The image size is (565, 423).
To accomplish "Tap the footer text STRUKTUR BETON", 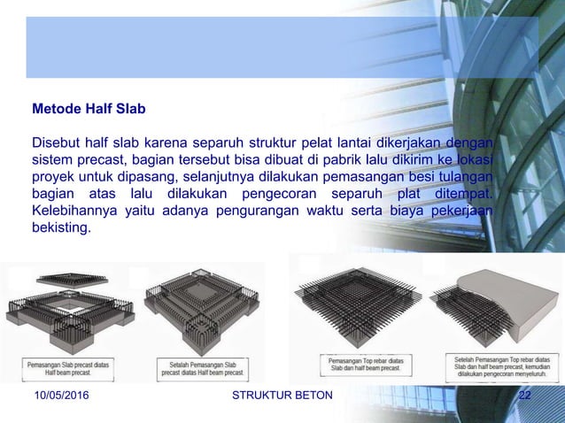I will click(282, 395).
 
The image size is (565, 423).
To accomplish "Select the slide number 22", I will click(524, 395).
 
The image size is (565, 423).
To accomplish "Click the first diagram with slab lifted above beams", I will click(71, 305).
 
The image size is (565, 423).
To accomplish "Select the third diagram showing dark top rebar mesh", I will click(361, 305).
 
